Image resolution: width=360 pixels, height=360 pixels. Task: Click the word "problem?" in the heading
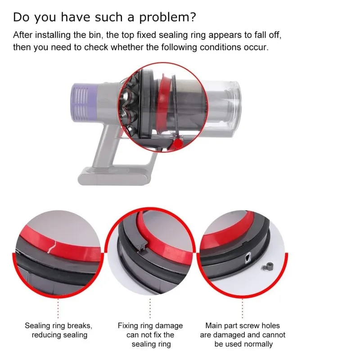click(167, 18)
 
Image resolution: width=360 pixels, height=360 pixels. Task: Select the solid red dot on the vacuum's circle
click(178, 144)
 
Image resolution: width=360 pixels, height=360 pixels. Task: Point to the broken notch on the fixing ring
click(142, 247)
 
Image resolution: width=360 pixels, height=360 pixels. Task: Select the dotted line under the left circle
click(58, 308)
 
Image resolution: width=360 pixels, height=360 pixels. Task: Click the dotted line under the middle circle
click(150, 308)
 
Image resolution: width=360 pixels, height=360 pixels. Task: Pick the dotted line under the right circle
click(243, 308)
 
